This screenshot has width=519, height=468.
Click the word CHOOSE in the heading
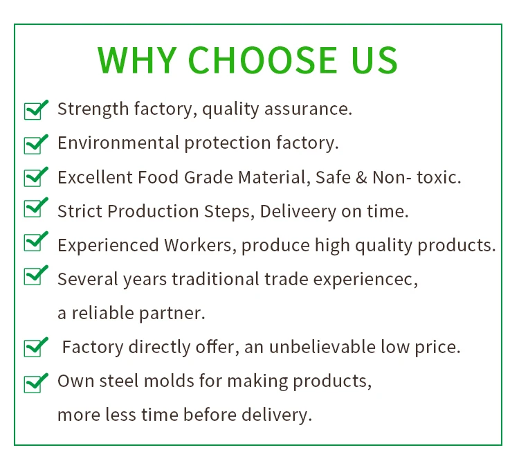click(x=262, y=60)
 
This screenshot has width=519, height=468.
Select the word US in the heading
click(x=374, y=60)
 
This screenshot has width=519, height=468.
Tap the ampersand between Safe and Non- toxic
click(x=362, y=177)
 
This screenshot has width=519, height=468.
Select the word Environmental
click(x=118, y=143)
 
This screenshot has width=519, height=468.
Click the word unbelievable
click(x=322, y=347)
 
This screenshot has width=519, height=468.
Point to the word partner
click(x=172, y=314)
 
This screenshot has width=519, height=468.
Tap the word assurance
click(x=308, y=109)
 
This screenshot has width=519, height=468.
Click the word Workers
click(x=201, y=246)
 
